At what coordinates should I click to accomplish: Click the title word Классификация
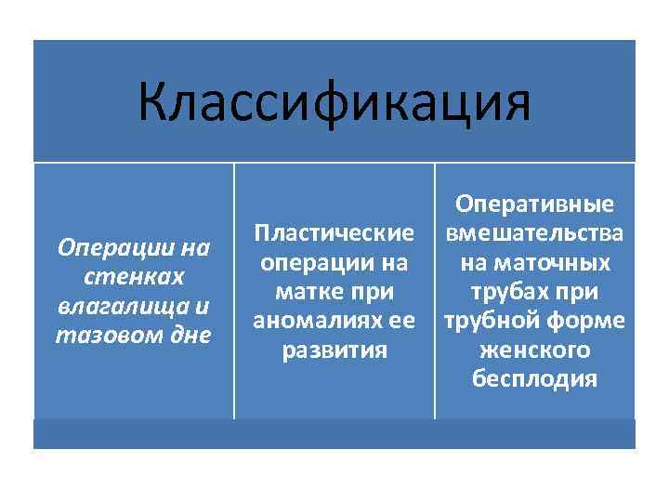tap(334, 103)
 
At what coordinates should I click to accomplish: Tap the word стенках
tap(134, 277)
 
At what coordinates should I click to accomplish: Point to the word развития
tap(334, 350)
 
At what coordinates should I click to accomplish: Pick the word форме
tap(588, 321)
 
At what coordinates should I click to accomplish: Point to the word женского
tap(534, 350)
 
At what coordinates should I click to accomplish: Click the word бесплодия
tap(534, 379)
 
